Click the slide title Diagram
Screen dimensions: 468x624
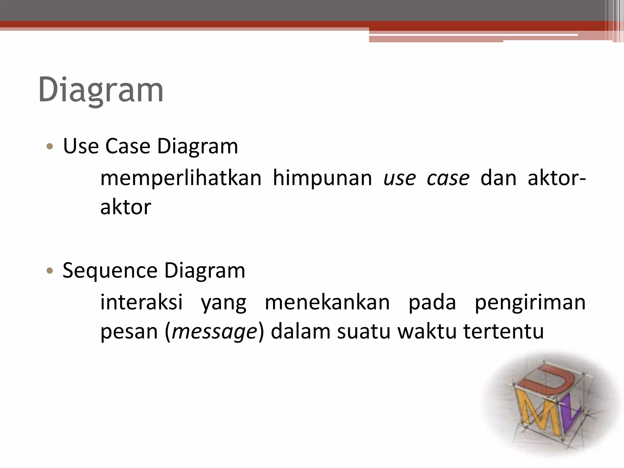tap(101, 90)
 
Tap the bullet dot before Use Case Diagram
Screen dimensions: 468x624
tap(50, 147)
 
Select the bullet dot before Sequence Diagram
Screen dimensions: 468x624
tap(50, 271)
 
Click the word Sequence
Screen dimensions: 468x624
tap(110, 271)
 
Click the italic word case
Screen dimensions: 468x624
tap(448, 179)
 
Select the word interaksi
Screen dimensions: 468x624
tap(142, 302)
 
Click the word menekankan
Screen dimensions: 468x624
tap(327, 302)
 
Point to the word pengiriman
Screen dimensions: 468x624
tap(530, 302)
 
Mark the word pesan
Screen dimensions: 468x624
tap(129, 331)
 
